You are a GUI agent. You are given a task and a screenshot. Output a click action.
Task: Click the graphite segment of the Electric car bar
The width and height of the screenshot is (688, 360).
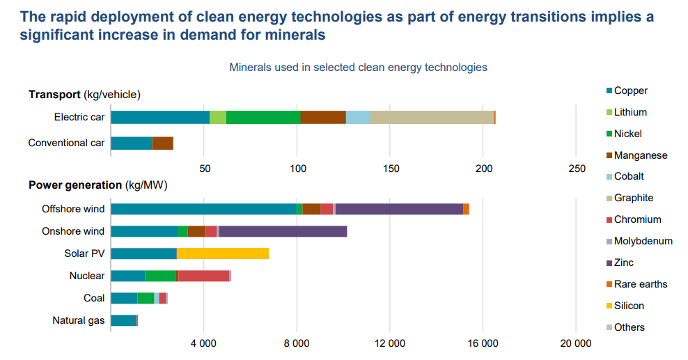pyautogui.click(x=432, y=117)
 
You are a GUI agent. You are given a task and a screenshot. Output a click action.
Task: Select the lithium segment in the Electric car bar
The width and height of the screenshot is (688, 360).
pyautogui.click(x=218, y=117)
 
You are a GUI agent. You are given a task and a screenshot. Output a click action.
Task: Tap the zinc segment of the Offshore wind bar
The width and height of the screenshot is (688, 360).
pyautogui.click(x=399, y=209)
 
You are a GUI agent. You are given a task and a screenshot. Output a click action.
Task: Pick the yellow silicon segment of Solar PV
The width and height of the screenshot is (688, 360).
pyautogui.click(x=222, y=253)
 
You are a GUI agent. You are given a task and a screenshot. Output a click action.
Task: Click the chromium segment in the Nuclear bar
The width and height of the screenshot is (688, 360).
pyautogui.click(x=203, y=276)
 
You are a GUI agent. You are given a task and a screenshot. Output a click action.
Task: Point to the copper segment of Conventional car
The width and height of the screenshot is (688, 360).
pyautogui.click(x=132, y=143)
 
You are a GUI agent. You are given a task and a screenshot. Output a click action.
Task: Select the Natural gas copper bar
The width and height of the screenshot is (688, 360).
pyautogui.click(x=123, y=320)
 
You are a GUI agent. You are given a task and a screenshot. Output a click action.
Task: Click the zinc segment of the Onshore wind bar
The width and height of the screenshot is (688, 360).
pyautogui.click(x=283, y=231)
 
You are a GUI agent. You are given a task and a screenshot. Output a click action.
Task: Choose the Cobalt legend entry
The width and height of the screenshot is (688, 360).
pyautogui.click(x=629, y=176)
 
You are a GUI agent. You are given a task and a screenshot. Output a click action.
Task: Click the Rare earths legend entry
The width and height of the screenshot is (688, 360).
pyautogui.click(x=640, y=284)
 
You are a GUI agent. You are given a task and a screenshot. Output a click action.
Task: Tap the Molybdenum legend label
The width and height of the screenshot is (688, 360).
pyautogui.click(x=643, y=241)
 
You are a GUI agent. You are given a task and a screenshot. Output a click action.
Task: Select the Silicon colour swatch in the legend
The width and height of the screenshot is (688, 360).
pyautogui.click(x=609, y=306)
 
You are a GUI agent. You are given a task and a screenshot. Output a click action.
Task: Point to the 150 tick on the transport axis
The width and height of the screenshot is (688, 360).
pyautogui.click(x=391, y=169)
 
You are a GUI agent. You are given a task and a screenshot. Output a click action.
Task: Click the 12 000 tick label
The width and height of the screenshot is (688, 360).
pyautogui.click(x=390, y=343)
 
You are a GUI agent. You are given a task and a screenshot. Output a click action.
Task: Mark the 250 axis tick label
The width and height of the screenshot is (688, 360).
pyautogui.click(x=577, y=169)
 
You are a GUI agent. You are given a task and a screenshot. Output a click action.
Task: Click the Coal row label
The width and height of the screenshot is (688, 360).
pyautogui.click(x=94, y=298)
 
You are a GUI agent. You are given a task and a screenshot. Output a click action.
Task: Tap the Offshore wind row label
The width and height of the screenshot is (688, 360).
pyautogui.click(x=73, y=209)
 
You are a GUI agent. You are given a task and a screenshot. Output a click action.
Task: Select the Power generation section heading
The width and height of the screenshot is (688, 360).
pyautogui.click(x=75, y=185)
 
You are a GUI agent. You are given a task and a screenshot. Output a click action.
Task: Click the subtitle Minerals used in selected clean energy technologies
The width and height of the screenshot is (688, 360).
pyautogui.click(x=358, y=68)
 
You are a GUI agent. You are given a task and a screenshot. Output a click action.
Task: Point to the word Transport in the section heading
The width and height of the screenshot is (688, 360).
pyautogui.click(x=54, y=95)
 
